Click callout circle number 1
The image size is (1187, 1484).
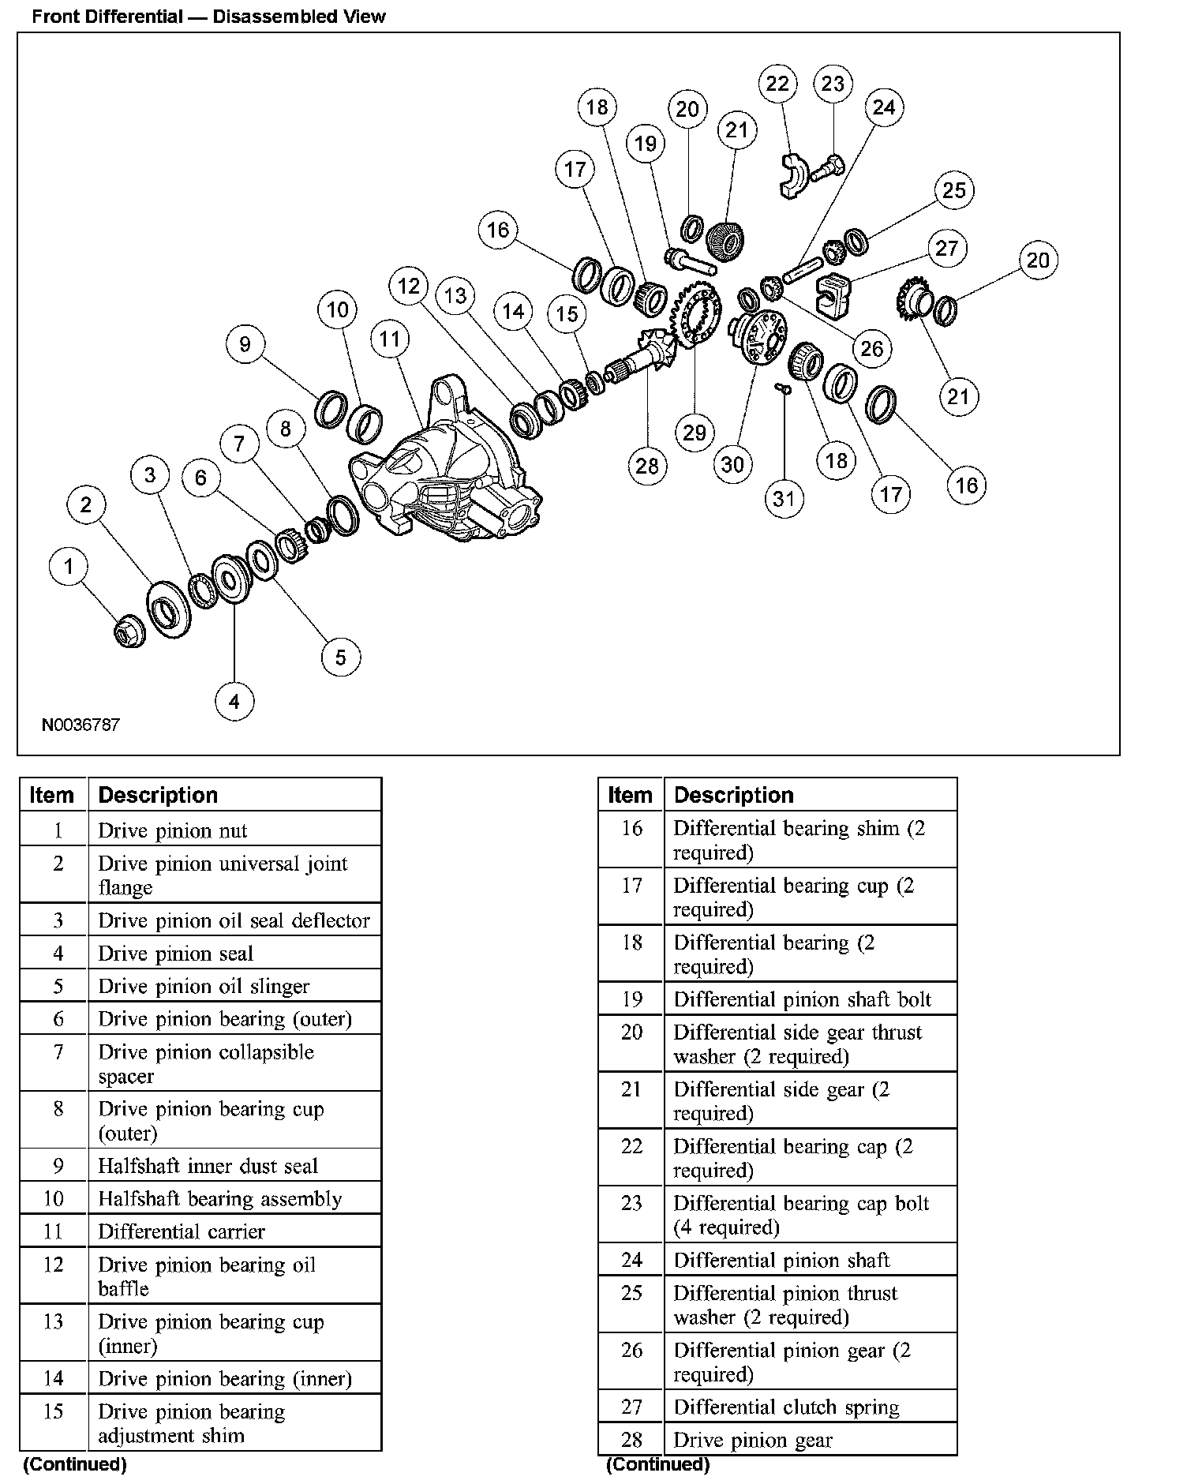69,566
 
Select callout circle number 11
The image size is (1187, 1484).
390,339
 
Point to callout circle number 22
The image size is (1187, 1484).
777,84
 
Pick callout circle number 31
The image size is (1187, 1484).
784,498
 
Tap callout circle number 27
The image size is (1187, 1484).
946,249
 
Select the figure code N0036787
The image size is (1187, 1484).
81,724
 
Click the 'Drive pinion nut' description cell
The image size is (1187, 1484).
173,830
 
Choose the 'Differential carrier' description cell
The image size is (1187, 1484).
182,1231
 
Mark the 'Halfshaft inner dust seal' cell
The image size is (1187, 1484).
208,1166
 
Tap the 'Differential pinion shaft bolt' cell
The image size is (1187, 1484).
802,999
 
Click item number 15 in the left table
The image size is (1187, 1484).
53,1411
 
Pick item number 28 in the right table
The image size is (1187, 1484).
631,1439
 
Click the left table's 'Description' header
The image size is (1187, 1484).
158,795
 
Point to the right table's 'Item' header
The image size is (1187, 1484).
631,795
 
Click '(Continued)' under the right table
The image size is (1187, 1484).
657,1464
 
